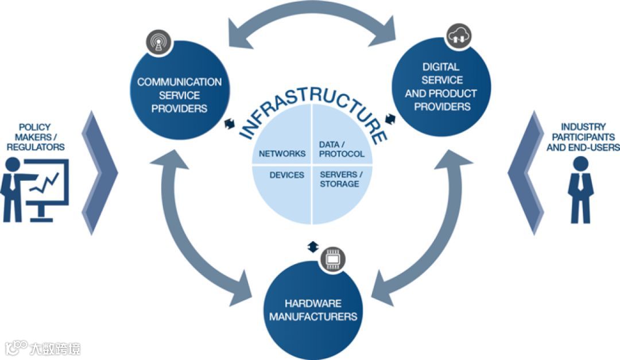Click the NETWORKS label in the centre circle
(x=282, y=154)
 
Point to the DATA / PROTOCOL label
(x=341, y=149)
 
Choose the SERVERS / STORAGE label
(x=339, y=179)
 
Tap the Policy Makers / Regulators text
(x=35, y=137)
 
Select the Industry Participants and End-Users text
(x=583, y=137)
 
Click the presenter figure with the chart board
(x=34, y=188)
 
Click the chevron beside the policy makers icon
(x=100, y=172)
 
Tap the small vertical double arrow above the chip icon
(x=312, y=246)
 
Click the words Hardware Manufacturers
(x=313, y=310)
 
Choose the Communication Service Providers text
(x=179, y=95)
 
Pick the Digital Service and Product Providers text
(x=441, y=87)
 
